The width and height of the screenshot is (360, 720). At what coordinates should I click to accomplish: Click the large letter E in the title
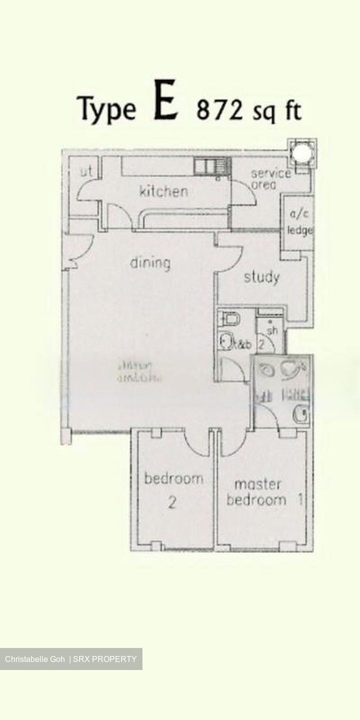pyautogui.click(x=165, y=105)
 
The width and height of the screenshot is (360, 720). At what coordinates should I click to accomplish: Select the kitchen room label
pyautogui.click(x=163, y=191)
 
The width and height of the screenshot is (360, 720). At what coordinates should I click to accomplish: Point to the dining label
pyautogui.click(x=150, y=263)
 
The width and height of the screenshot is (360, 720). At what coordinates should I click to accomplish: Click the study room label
pyautogui.click(x=261, y=277)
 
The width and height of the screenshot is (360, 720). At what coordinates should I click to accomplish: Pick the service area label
pyautogui.click(x=270, y=178)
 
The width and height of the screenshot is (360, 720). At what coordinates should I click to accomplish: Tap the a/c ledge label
pyautogui.click(x=299, y=222)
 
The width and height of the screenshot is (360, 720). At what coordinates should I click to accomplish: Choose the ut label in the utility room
pyautogui.click(x=86, y=172)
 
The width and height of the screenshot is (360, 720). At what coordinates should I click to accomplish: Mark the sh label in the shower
pyautogui.click(x=272, y=330)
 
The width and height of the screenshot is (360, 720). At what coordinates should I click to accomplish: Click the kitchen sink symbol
pyautogui.click(x=210, y=165)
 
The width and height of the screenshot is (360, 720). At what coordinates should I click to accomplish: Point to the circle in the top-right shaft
pyautogui.click(x=301, y=152)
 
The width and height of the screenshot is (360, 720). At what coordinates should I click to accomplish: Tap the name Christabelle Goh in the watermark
pyautogui.click(x=35, y=659)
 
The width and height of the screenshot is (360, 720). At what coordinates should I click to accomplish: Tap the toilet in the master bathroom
pyautogui.click(x=300, y=413)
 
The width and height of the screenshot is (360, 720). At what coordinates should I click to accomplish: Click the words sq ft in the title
pyautogui.click(x=274, y=111)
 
